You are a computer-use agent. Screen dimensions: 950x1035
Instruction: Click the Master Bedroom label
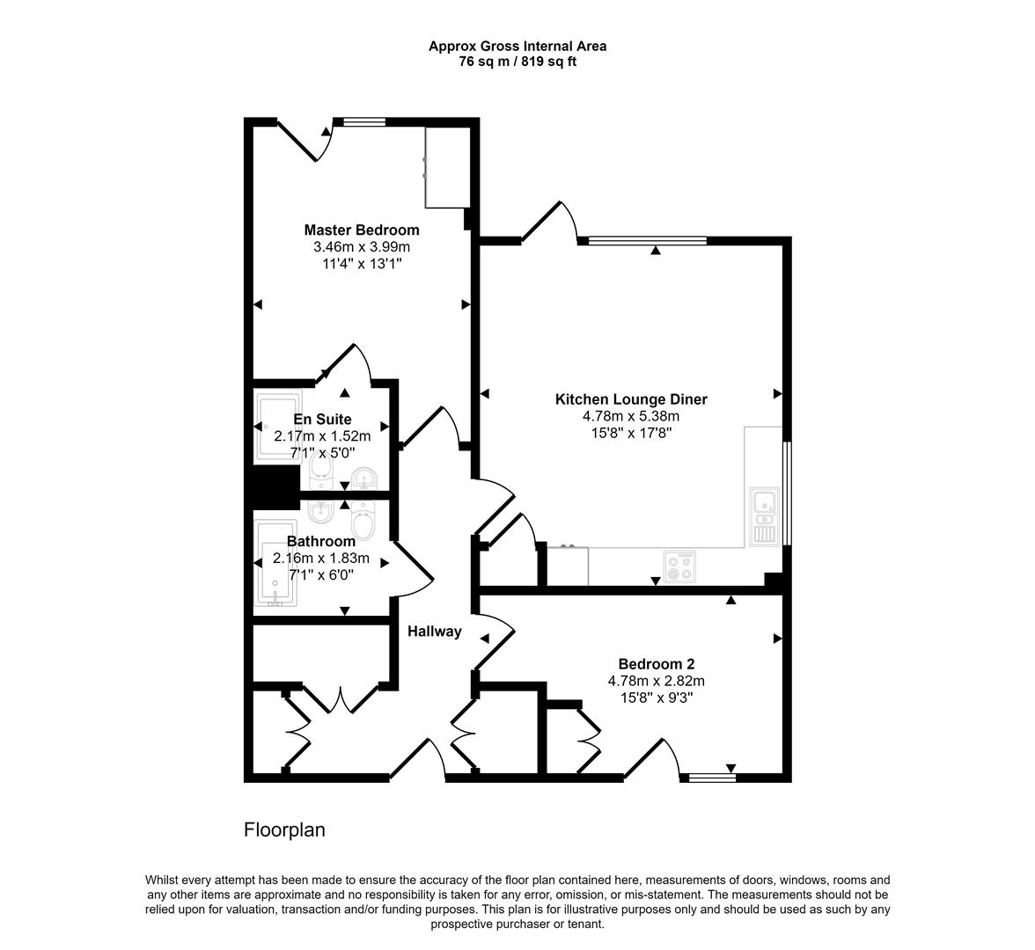362,230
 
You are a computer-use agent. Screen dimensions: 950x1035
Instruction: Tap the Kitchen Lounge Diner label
631,399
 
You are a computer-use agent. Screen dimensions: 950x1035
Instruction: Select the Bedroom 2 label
656,664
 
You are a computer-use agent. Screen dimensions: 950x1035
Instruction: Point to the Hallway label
434,631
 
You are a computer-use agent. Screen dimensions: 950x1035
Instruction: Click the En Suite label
322,420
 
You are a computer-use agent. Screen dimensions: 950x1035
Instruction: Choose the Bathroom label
320,541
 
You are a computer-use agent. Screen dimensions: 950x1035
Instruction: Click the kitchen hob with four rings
680,566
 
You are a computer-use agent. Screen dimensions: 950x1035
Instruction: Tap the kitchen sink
763,515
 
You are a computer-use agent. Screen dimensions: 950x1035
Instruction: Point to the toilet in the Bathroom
364,520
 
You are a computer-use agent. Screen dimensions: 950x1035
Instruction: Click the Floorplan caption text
284,829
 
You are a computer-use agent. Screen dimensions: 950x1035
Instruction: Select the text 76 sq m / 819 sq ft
517,62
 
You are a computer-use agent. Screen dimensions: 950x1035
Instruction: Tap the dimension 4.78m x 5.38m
631,416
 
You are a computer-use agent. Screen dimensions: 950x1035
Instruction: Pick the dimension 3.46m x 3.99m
362,247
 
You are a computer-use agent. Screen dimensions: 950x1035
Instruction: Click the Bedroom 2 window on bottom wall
711,777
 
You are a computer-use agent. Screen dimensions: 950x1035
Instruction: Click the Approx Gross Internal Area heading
517,46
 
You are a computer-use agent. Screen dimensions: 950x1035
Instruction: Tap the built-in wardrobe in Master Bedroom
446,166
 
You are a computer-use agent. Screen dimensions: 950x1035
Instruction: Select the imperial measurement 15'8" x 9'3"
656,698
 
